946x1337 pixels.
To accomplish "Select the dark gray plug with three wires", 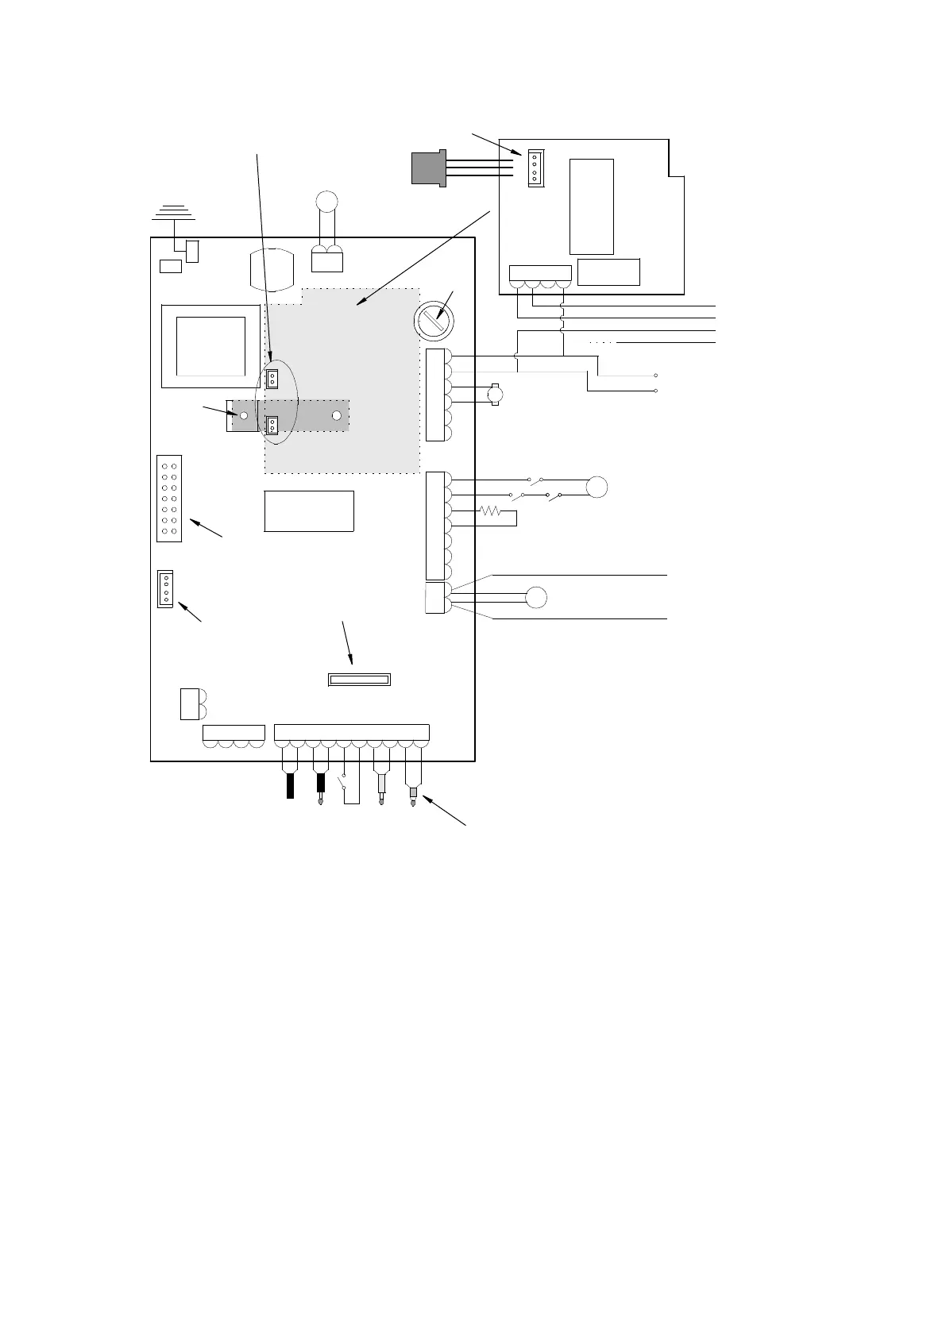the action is pyautogui.click(x=429, y=168).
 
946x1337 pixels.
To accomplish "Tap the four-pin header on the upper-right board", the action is pyautogui.click(x=535, y=167).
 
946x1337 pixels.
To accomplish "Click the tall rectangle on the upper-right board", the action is pyautogui.click(x=592, y=206).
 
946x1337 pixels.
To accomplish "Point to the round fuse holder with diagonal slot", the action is pyautogui.click(x=434, y=322).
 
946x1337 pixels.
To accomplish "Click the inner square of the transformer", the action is pyautogui.click(x=210, y=345).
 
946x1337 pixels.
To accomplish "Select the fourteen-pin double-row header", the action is pyautogui.click(x=169, y=499).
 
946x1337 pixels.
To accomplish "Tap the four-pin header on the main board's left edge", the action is pyautogui.click(x=165, y=588).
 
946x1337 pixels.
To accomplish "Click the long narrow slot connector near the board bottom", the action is pyautogui.click(x=359, y=680).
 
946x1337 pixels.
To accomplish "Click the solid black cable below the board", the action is pyautogui.click(x=290, y=785).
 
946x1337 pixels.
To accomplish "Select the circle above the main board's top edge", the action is pyautogui.click(x=326, y=202).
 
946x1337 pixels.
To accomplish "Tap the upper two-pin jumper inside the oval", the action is pyautogui.click(x=272, y=379).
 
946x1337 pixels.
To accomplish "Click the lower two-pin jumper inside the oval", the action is pyautogui.click(x=272, y=426).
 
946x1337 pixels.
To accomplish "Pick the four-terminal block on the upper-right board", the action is pyautogui.click(x=540, y=275).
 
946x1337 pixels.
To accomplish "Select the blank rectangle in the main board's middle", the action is pyautogui.click(x=308, y=511).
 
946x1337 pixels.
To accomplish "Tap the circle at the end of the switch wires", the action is pyautogui.click(x=597, y=487).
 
